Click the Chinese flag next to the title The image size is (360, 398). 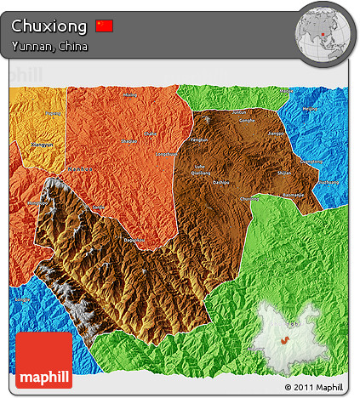pyautogui.click(x=105, y=26)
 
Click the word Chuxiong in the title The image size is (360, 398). pyautogui.click(x=49, y=26)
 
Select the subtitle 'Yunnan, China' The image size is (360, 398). pyautogui.click(x=49, y=46)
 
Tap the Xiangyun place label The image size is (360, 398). pyautogui.click(x=40, y=145)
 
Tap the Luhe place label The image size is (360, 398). pyautogui.click(x=200, y=167)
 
